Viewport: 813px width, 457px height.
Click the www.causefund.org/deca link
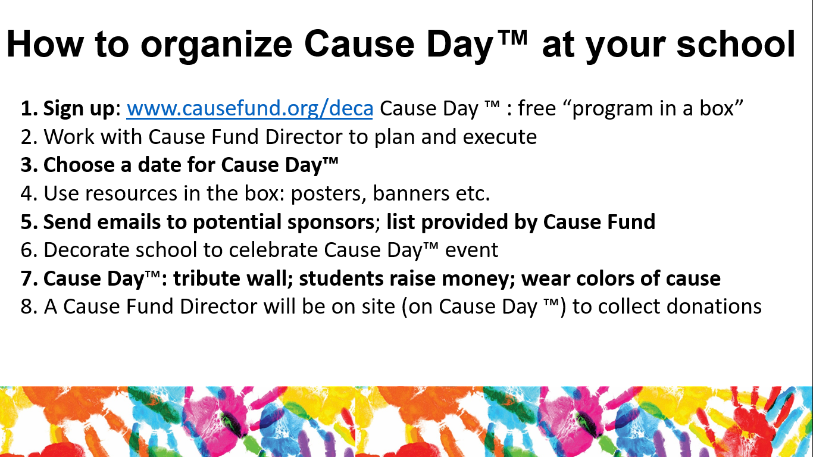pyautogui.click(x=250, y=108)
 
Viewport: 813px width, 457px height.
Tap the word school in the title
pyautogui.click(x=736, y=43)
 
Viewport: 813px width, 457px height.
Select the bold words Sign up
pyautogui.click(x=79, y=109)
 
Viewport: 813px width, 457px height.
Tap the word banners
pyautogui.click(x=411, y=193)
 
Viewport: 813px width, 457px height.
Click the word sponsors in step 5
pyautogui.click(x=331, y=222)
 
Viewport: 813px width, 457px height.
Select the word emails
pyautogui.click(x=129, y=221)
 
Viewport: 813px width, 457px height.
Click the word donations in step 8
pyautogui.click(x=714, y=306)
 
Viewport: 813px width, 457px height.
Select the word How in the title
pyautogui.click(x=45, y=43)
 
